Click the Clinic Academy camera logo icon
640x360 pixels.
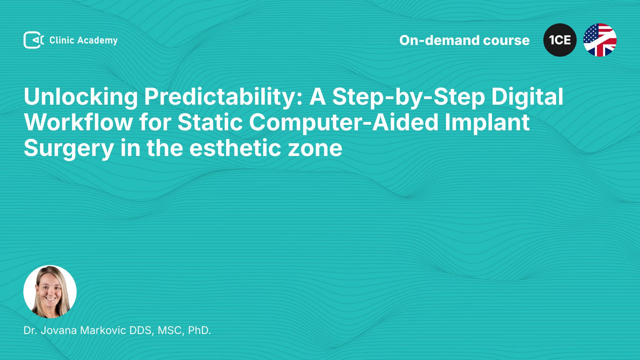pos(34,40)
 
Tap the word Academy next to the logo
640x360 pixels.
pos(97,41)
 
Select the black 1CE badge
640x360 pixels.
pos(560,40)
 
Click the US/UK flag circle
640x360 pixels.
pos(600,40)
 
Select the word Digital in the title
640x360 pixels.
pos(527,97)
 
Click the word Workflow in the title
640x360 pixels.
pos(78,123)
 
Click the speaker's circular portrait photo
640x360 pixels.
pos(50,292)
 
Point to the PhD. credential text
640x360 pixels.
pos(199,330)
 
